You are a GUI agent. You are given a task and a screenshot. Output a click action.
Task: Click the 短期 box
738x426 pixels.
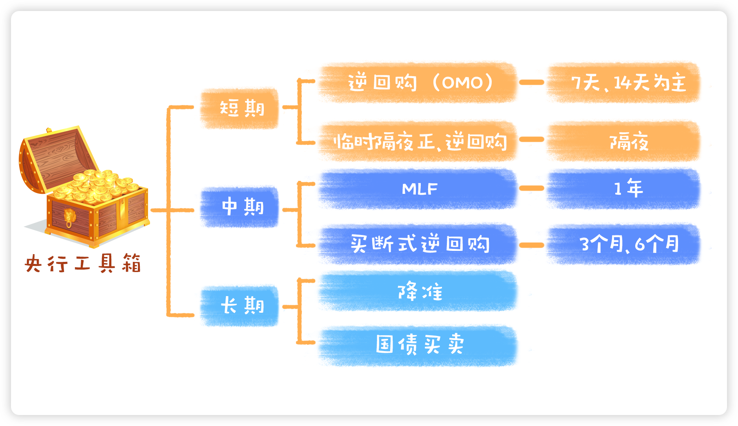coord(240,108)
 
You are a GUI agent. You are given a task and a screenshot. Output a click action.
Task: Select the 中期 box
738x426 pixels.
coord(240,207)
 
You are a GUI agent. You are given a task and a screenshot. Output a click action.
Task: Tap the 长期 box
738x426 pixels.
coord(240,306)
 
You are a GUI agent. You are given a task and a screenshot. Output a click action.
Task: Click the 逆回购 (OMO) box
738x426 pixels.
coord(418,82)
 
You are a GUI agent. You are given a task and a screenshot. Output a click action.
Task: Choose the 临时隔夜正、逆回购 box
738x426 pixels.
coord(418,141)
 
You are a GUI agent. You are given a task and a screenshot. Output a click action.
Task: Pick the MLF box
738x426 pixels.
coord(418,189)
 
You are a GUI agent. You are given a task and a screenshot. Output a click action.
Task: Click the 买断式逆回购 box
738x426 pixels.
coord(418,244)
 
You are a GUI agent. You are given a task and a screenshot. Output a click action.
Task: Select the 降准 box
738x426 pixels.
coord(418,291)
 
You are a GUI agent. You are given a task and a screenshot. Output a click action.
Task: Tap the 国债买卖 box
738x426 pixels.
coord(418,346)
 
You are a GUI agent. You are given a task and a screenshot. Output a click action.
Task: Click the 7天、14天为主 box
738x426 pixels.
coord(623,82)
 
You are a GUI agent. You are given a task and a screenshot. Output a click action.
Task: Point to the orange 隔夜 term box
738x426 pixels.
coord(623,141)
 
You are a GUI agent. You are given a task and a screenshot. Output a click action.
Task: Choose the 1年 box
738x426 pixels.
coord(623,189)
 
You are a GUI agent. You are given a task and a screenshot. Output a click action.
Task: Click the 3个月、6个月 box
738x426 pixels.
coord(623,244)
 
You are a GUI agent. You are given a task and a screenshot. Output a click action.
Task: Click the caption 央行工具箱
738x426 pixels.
coord(83,263)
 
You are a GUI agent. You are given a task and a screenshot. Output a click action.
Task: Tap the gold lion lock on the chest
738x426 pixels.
coord(69,218)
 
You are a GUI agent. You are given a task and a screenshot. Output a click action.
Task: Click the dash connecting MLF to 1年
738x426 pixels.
coord(532,188)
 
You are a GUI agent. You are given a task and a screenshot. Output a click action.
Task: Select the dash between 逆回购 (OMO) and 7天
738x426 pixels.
coord(532,82)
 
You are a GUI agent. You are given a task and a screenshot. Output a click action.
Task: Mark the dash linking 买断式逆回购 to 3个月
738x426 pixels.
coord(532,245)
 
